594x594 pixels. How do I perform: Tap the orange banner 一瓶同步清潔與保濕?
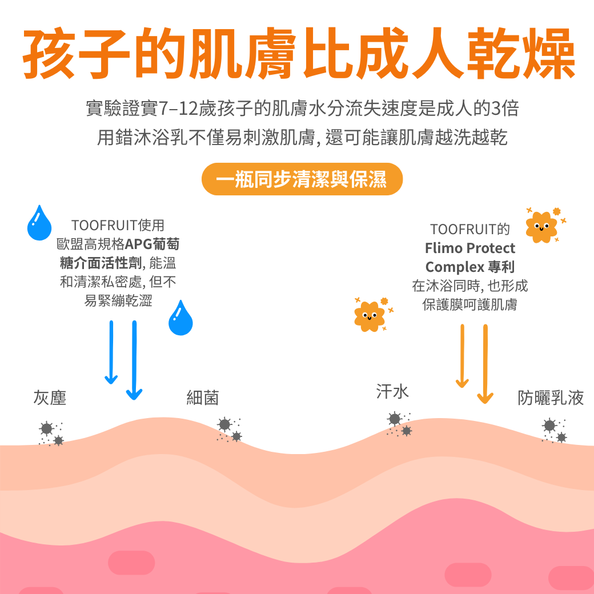click(x=302, y=180)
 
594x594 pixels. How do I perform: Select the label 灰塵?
click(x=50, y=398)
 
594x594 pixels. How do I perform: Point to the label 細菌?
click(x=203, y=398)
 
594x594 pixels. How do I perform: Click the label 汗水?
click(x=392, y=391)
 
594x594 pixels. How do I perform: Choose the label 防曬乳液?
click(x=551, y=398)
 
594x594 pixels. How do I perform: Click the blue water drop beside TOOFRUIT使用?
click(x=39, y=223)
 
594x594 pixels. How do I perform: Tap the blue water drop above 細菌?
click(x=180, y=318)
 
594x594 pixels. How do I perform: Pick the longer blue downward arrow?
click(x=134, y=360)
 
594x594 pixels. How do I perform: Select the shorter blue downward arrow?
click(x=111, y=352)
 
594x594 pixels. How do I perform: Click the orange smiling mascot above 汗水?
click(x=370, y=316)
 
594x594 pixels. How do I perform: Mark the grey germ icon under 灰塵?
click(x=50, y=433)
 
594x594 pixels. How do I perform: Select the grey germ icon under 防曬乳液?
click(x=553, y=431)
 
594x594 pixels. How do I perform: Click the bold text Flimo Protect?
click(x=469, y=248)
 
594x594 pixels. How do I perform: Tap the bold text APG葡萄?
click(x=152, y=244)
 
